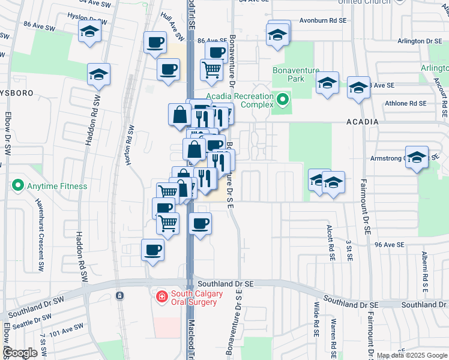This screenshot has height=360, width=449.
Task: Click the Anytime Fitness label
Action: pyautogui.click(x=56, y=186)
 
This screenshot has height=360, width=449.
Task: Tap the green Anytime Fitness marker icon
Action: pyautogui.click(x=18, y=186)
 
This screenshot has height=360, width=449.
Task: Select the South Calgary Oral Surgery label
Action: pyautogui.click(x=196, y=298)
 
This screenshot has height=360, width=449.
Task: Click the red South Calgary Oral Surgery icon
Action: pyautogui.click(x=161, y=296)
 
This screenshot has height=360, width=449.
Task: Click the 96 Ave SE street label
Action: pyautogui.click(x=390, y=245)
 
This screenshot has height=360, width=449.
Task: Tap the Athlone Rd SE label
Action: pyautogui.click(x=406, y=103)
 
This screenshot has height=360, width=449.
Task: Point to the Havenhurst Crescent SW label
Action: pyautogui.click(x=38, y=232)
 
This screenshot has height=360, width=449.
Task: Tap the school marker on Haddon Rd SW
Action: pyautogui.click(x=99, y=74)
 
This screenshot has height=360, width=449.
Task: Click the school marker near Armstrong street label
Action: pyautogui.click(x=417, y=157)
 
